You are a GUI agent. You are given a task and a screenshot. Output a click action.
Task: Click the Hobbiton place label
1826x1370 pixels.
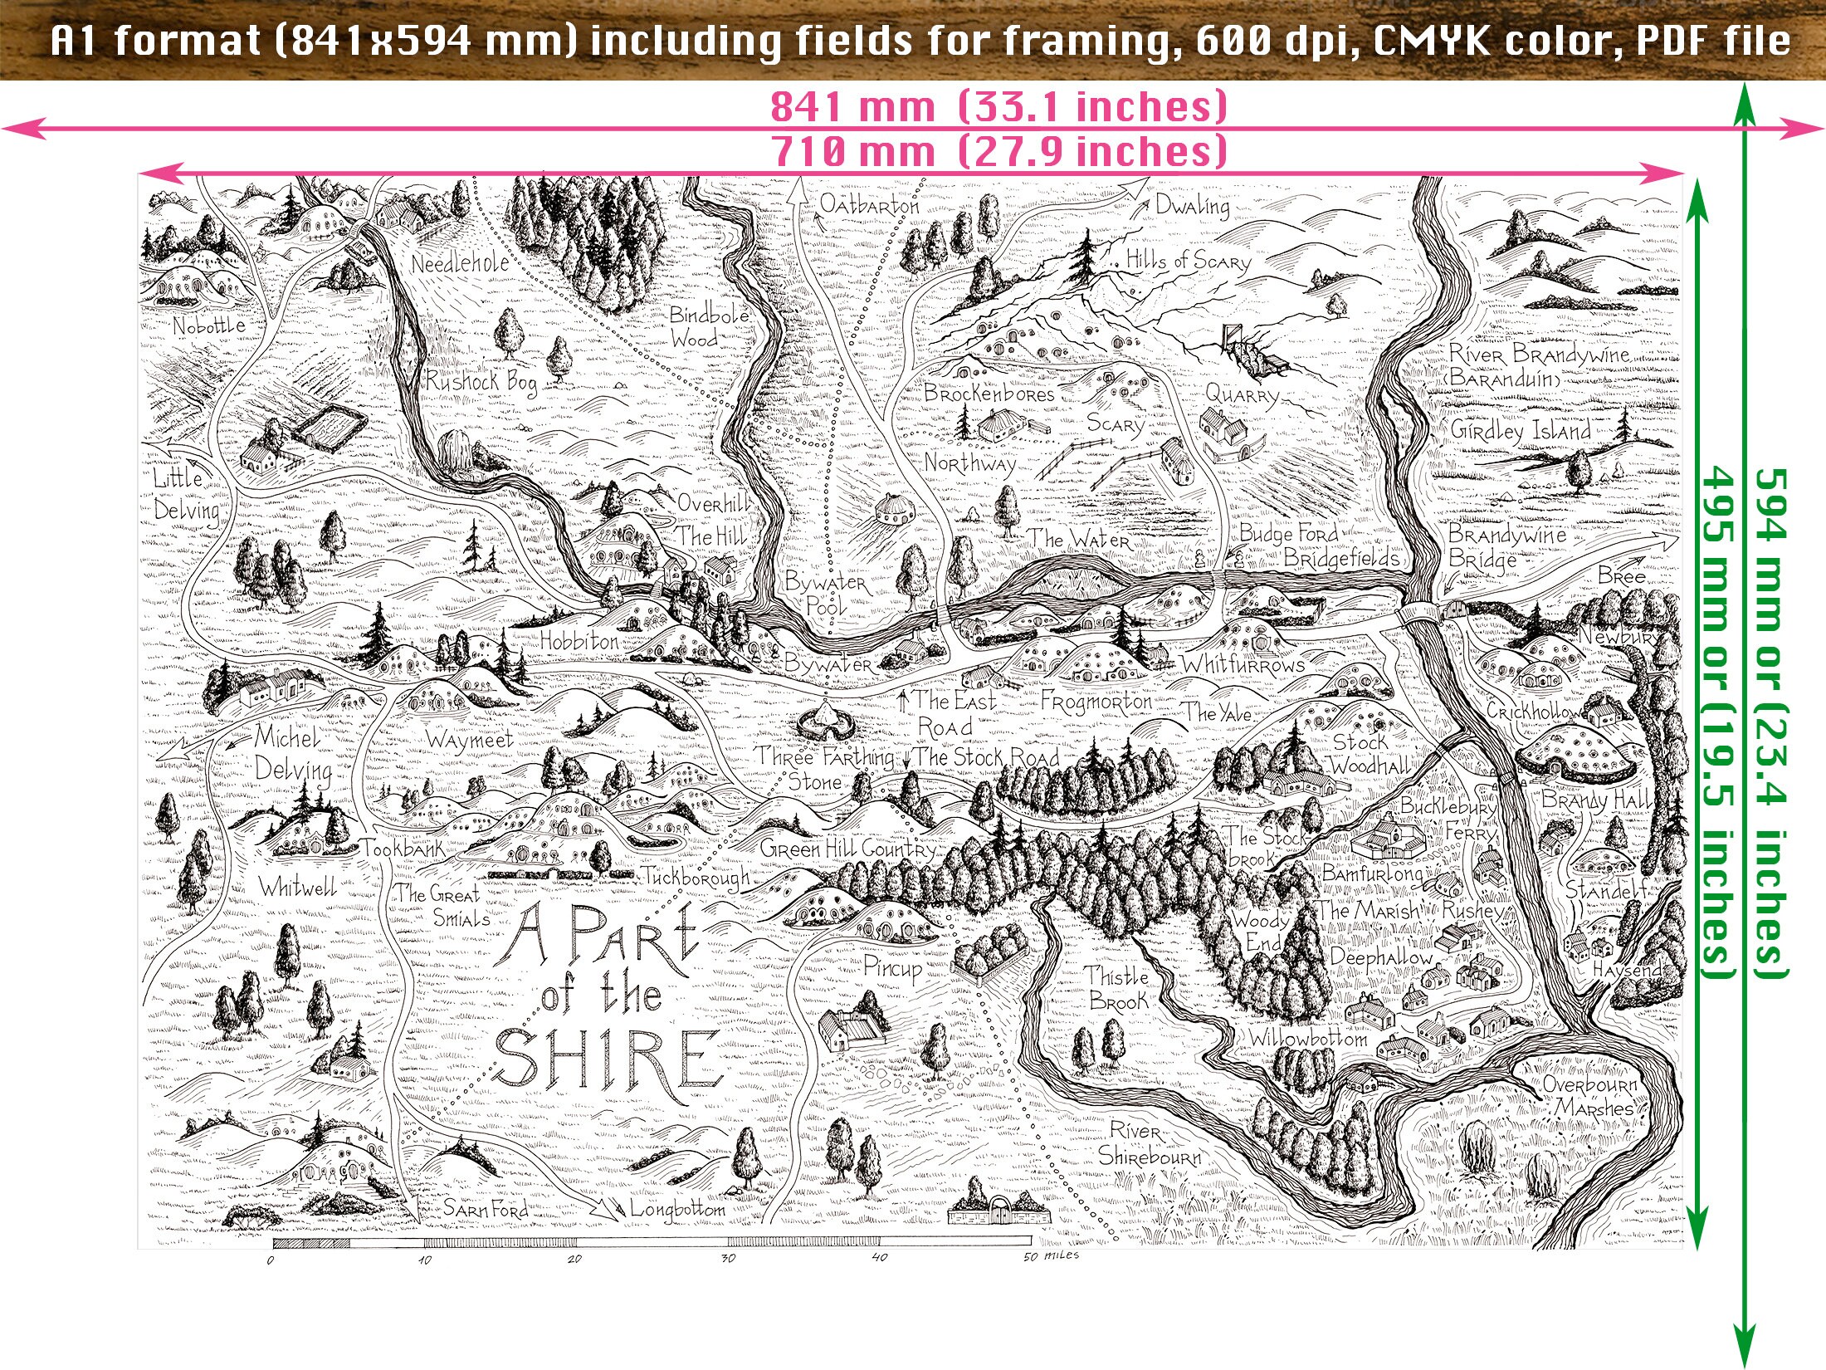(x=579, y=641)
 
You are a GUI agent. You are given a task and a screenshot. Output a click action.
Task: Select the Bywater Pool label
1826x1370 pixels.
(x=824, y=593)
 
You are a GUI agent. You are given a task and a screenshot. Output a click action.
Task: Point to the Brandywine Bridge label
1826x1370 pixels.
(x=1506, y=546)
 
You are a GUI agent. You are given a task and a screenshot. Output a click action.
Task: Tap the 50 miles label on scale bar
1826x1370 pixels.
(x=1051, y=1256)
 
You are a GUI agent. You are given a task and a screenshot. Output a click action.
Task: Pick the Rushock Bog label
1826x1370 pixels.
(x=481, y=381)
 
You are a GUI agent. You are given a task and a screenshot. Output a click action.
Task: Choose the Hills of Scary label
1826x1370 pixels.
(x=1188, y=261)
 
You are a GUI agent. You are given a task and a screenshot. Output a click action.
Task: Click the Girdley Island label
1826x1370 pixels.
(x=1520, y=430)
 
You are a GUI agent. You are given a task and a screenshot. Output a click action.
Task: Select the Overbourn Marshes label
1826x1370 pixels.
(x=1589, y=1096)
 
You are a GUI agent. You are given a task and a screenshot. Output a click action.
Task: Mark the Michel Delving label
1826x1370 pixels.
(x=292, y=754)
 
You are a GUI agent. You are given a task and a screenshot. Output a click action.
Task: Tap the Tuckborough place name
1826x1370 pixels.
(x=695, y=877)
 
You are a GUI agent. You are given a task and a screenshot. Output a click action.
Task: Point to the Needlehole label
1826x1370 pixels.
(x=460, y=264)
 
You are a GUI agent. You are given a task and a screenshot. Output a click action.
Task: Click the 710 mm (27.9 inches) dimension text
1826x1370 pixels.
(x=998, y=152)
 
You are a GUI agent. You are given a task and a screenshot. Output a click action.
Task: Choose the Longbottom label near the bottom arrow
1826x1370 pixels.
(x=677, y=1209)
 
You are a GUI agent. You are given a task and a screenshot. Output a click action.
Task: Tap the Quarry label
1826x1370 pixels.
(x=1242, y=394)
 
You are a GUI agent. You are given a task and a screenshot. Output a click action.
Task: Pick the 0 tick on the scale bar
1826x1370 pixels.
(x=271, y=1260)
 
